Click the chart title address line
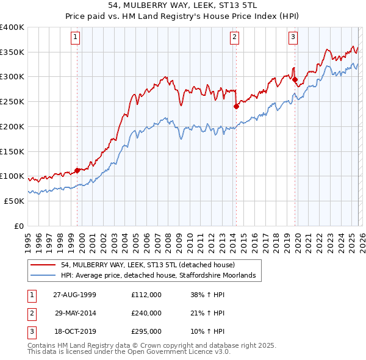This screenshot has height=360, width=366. pos(183,5)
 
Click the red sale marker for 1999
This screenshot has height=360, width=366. pos(77,170)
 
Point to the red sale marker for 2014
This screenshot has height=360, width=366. pos(236,106)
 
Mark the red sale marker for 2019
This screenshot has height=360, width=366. pos(295,79)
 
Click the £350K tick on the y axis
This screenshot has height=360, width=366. pos(12,52)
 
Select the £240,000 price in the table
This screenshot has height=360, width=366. pos(146,313)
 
